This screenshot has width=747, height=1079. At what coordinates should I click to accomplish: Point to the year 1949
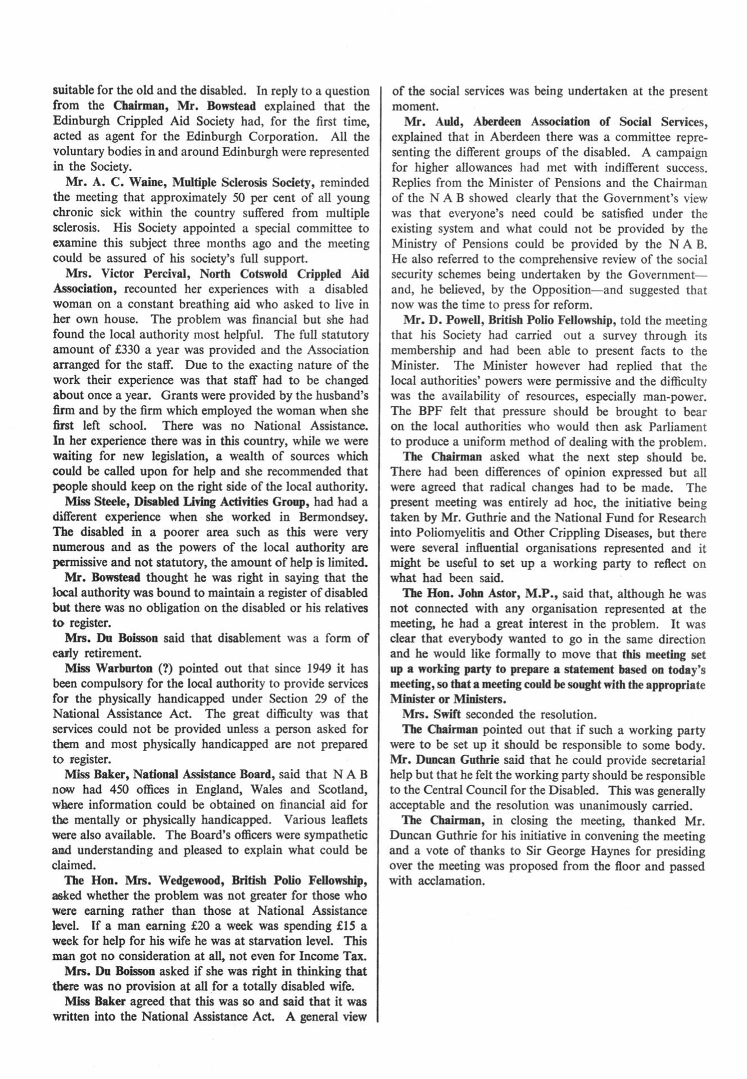pos(323,669)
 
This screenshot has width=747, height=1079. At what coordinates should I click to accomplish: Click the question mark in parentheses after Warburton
pos(164,669)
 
